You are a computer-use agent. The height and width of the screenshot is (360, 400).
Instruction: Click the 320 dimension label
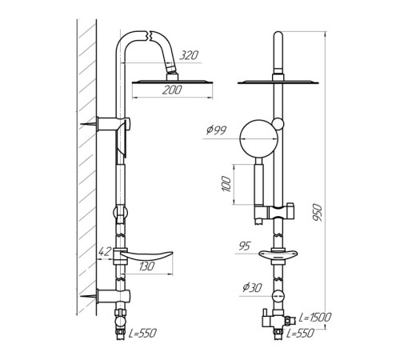(189, 55)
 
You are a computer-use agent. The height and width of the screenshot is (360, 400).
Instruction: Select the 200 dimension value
(172, 90)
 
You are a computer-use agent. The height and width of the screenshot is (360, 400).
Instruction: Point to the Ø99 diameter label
(216, 130)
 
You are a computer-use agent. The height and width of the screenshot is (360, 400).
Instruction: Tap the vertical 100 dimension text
(226, 183)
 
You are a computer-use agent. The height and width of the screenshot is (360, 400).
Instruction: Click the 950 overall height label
(318, 212)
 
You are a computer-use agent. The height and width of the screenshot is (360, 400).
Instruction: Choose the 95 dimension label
(245, 246)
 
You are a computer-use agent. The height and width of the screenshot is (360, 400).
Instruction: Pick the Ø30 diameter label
(252, 287)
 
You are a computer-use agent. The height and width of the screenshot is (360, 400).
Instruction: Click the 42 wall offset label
(104, 251)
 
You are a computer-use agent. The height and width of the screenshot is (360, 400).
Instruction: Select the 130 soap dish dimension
(146, 266)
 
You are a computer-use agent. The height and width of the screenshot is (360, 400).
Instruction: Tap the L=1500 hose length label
(315, 318)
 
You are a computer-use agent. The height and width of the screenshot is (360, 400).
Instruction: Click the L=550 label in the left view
(142, 333)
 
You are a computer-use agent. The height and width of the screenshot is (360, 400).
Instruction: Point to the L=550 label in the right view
(301, 333)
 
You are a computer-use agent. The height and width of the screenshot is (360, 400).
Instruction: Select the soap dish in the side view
(146, 257)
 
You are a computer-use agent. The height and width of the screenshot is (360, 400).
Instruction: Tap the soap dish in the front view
(278, 255)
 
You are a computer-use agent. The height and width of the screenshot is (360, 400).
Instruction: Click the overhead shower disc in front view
(278, 82)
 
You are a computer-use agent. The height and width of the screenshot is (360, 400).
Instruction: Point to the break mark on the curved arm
(149, 36)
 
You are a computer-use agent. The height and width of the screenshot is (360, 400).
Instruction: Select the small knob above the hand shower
(278, 123)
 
